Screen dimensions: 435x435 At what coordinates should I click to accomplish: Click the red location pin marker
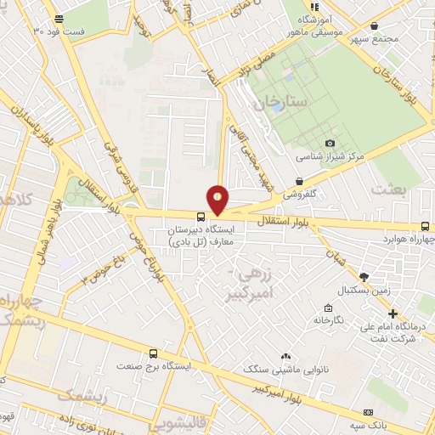click(218, 199)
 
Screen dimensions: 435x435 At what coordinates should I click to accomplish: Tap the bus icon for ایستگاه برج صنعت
click(153, 353)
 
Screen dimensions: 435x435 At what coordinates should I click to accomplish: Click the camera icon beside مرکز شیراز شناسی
click(330, 143)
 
